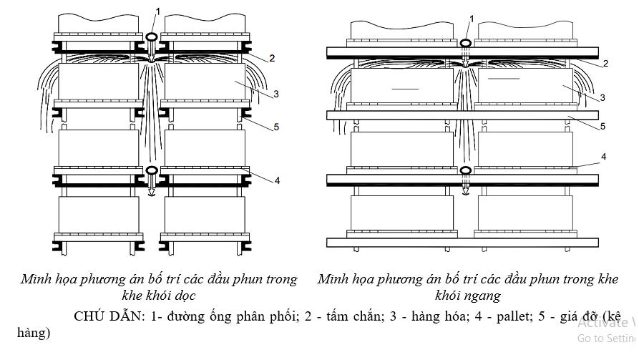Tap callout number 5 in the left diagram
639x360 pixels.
click(276, 127)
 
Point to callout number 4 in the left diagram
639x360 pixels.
click(277, 180)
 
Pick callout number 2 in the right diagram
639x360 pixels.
click(605, 64)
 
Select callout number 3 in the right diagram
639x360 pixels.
click(603, 97)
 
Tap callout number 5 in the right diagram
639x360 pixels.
click(603, 126)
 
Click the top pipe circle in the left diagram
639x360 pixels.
click(152, 37)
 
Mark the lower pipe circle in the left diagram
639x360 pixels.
click(152, 170)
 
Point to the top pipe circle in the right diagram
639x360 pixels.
click(465, 43)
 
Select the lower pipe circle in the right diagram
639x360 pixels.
click(465, 170)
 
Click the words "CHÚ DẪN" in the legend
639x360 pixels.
click(107, 316)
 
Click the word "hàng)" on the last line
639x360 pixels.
click(34, 333)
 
